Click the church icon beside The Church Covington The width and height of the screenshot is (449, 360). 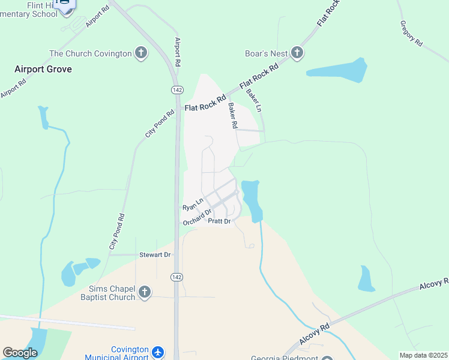[x=141, y=53]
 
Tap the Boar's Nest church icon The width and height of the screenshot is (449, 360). [x=297, y=53]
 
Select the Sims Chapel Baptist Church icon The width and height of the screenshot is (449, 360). [x=144, y=292]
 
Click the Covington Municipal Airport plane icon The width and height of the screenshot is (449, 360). [x=158, y=352]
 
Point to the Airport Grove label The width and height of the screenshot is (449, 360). [x=43, y=69]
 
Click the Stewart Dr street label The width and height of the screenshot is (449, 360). [x=155, y=255]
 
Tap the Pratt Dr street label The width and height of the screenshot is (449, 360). [x=219, y=221]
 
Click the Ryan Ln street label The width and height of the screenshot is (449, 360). [x=193, y=203]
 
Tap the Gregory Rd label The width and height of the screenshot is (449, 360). [x=411, y=34]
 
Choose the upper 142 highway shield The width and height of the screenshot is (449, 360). [x=177, y=89]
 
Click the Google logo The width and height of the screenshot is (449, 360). [x=20, y=352]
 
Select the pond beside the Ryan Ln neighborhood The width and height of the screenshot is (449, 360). [x=252, y=199]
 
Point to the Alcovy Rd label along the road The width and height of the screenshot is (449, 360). [x=433, y=283]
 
